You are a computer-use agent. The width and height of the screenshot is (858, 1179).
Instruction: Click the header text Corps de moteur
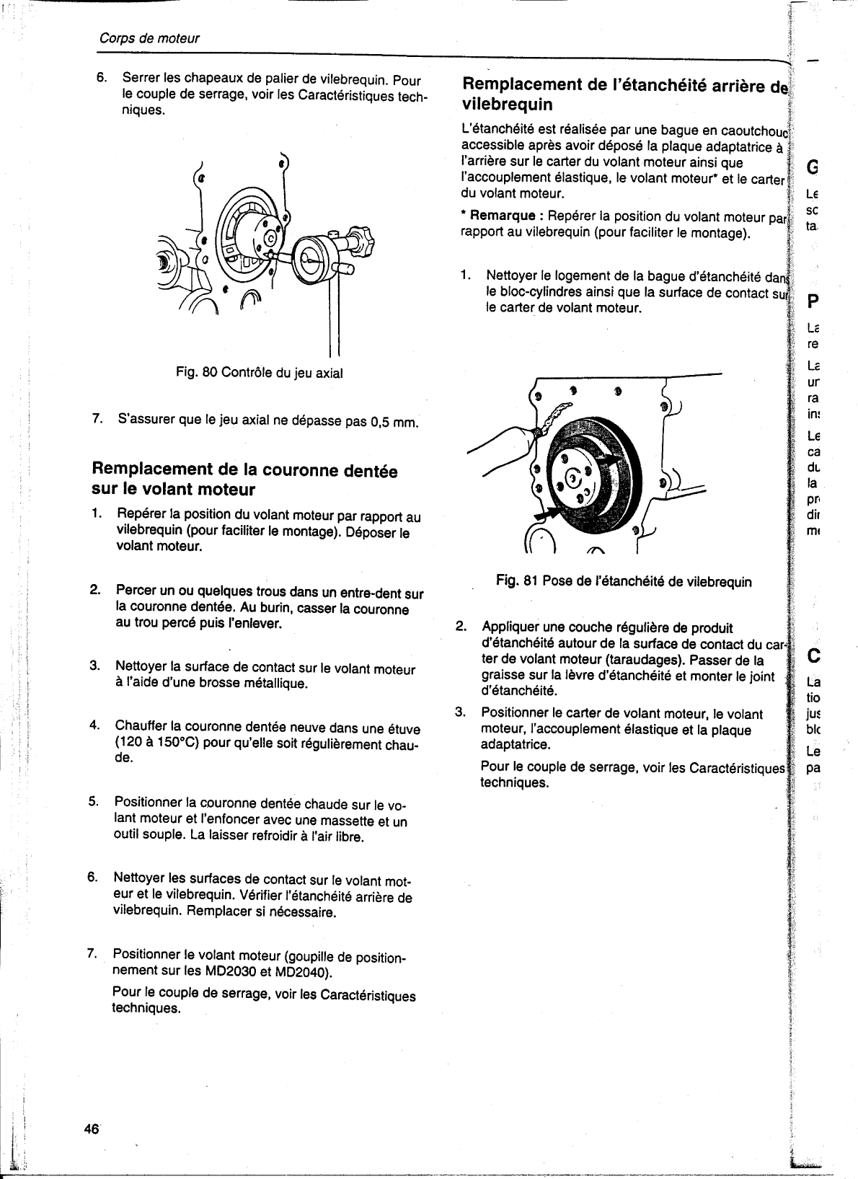(x=149, y=38)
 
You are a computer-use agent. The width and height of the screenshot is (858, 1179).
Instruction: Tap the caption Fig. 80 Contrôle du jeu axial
(x=260, y=373)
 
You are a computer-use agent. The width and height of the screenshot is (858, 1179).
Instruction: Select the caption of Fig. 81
(x=624, y=581)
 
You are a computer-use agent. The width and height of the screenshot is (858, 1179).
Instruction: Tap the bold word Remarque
(x=503, y=216)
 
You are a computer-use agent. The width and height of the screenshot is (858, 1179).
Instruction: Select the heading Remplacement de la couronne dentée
(x=244, y=472)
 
